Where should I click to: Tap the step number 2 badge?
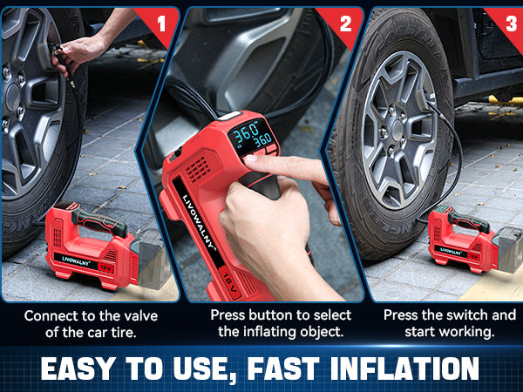coord(346,21)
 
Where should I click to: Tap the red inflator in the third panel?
coord(462,237)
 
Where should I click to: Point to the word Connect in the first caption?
coord(51,316)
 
